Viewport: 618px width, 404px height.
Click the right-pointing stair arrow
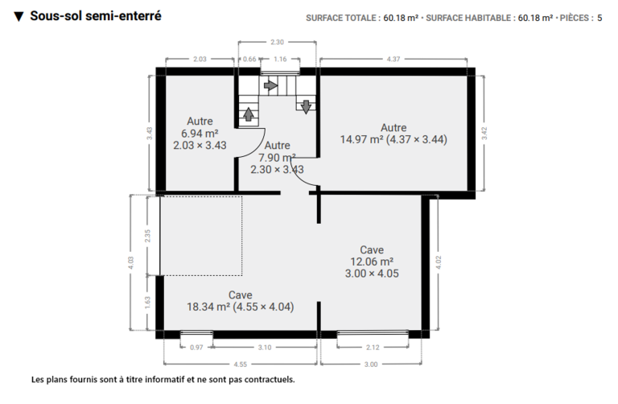coord(270,85)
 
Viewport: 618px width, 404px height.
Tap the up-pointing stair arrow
coord(249,114)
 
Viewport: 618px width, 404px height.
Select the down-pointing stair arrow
coord(306,107)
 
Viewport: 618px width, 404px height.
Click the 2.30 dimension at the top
coord(277,42)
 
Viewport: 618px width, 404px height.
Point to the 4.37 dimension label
coord(393,59)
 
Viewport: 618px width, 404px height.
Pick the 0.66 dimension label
coord(249,59)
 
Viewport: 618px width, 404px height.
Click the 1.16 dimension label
coord(280,59)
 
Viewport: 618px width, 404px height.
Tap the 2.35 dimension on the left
coord(148,236)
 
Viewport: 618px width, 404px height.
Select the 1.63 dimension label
coord(148,303)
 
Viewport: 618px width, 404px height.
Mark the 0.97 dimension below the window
coord(196,347)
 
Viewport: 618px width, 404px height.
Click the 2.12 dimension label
coord(373,347)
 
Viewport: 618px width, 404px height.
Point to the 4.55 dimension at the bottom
coord(240,365)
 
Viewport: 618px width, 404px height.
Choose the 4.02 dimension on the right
coord(439,262)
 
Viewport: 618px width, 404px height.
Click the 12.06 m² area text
coord(372,262)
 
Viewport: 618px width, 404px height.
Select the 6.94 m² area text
coord(200,134)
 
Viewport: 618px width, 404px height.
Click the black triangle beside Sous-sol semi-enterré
coord(19,17)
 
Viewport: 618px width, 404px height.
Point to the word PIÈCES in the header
coord(575,18)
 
